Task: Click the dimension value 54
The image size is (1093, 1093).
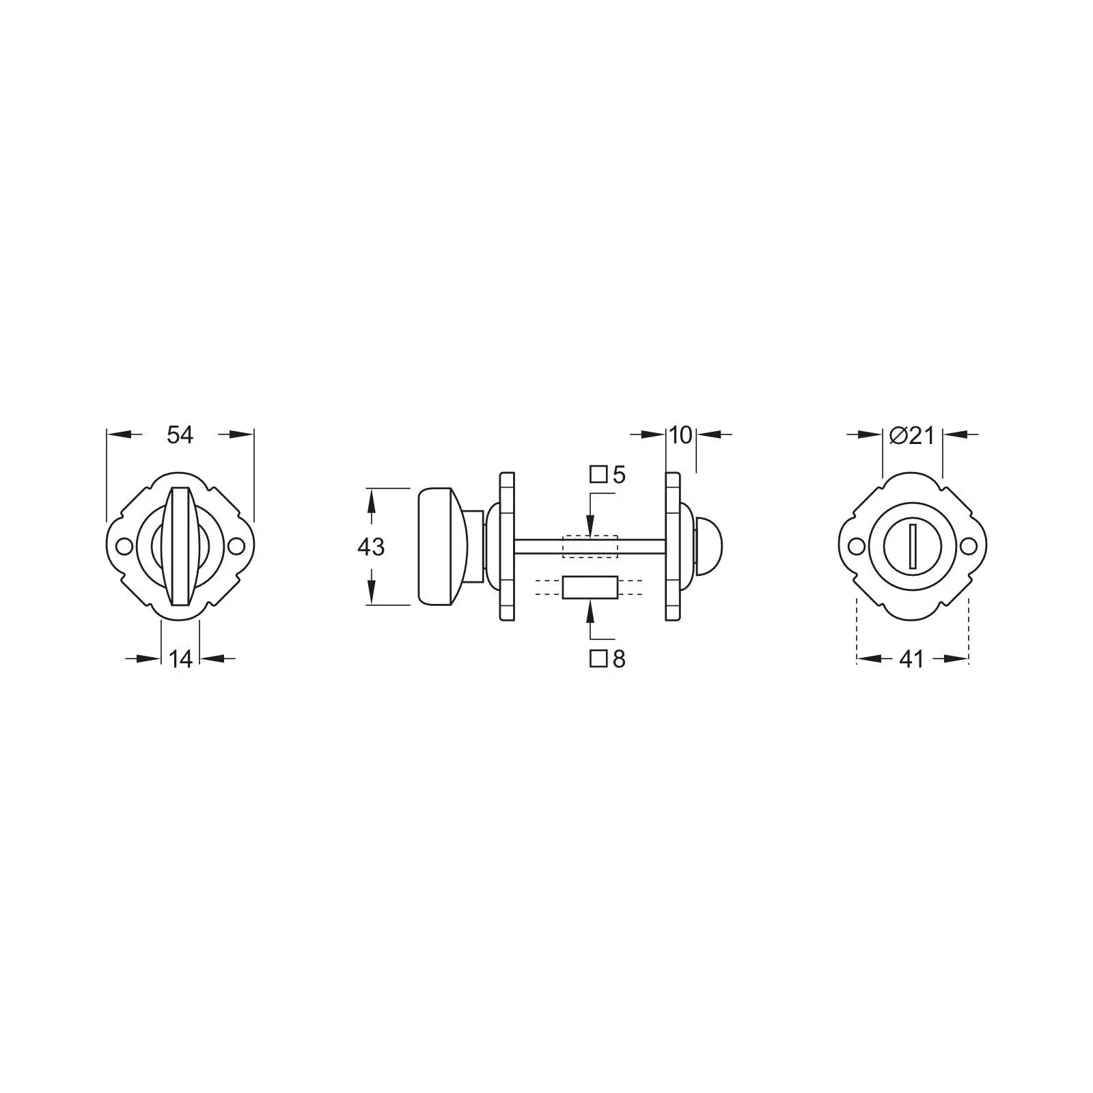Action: point(180,434)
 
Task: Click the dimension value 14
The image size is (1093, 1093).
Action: point(180,659)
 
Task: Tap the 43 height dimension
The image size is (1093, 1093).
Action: point(371,546)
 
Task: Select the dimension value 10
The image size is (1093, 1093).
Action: point(680,434)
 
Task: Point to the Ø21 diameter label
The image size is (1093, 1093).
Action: point(912,435)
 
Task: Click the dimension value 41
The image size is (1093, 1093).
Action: point(912,659)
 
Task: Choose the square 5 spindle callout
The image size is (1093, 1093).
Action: point(608,475)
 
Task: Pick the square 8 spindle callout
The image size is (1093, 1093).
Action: point(608,659)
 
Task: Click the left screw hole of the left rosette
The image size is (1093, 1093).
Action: point(124,546)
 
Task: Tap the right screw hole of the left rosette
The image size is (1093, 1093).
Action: point(236,546)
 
